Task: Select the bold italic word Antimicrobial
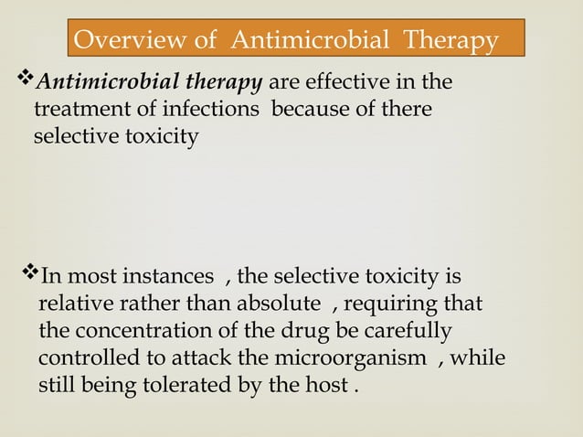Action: point(98,84)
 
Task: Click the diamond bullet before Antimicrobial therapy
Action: point(26,83)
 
